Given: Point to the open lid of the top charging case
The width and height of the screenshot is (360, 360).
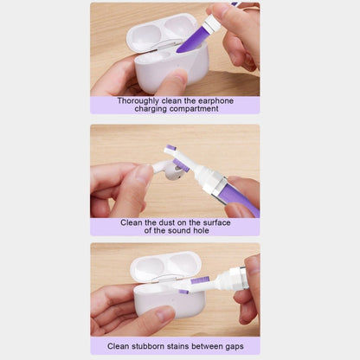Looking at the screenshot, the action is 162,32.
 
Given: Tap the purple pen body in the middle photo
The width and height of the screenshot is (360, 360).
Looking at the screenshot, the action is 240,198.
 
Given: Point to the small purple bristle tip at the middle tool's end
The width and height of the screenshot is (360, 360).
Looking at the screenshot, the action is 172,148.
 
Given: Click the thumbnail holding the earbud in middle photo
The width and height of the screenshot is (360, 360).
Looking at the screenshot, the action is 145,174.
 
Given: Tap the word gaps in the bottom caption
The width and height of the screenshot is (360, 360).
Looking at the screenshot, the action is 234,347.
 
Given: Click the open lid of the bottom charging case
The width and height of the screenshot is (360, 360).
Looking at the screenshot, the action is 165,267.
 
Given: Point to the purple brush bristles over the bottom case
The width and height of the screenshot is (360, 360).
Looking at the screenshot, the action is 200,280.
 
